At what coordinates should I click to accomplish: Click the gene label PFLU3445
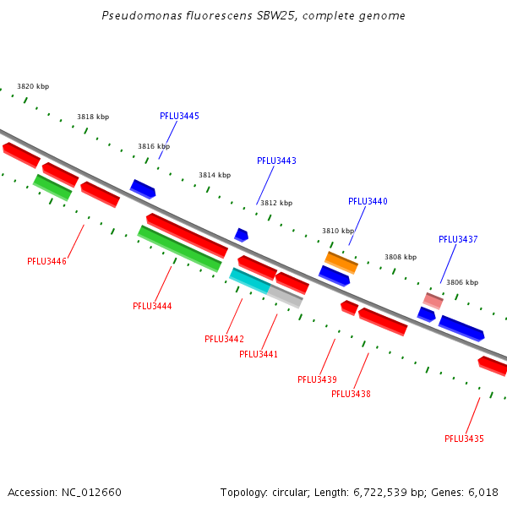(179, 116)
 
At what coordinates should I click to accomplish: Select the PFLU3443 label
(276, 161)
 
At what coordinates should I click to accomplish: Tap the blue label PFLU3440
(368, 201)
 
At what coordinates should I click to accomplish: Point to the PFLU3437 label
(458, 239)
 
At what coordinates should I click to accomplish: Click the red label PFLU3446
(46, 261)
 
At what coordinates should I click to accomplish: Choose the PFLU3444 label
(152, 306)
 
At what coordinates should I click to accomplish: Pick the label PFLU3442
(224, 339)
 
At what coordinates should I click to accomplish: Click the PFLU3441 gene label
(259, 354)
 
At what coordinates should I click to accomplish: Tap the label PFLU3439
(317, 379)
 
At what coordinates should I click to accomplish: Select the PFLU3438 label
(351, 394)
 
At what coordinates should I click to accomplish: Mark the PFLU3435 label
(464, 439)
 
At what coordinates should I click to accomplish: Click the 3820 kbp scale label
(33, 86)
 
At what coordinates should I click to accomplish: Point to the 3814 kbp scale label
(215, 175)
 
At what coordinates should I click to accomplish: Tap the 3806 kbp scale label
(462, 282)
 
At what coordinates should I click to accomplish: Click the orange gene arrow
(341, 262)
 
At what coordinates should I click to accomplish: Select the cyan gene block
(249, 281)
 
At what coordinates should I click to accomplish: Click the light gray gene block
(286, 297)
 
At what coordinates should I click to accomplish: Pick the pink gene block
(433, 301)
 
